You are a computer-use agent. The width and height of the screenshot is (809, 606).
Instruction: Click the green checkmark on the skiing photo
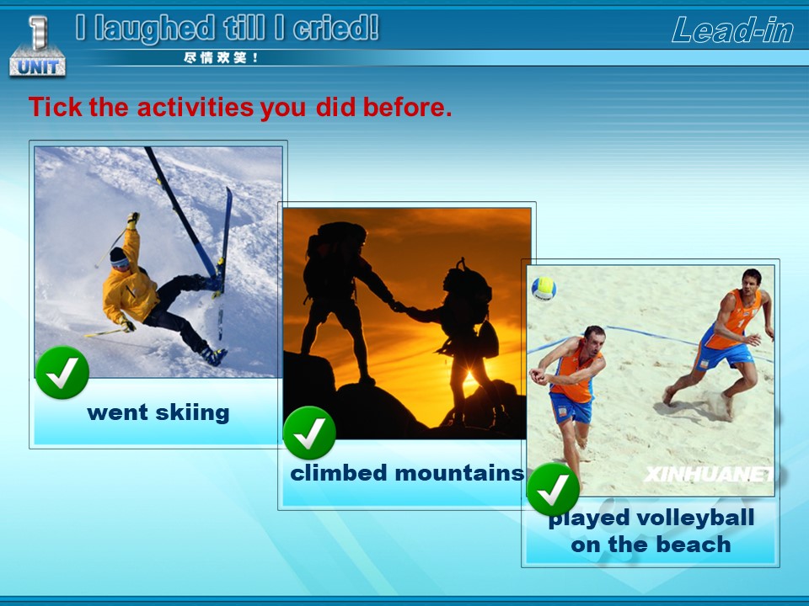tap(62, 373)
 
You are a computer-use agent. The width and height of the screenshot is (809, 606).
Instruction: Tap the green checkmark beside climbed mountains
tap(309, 433)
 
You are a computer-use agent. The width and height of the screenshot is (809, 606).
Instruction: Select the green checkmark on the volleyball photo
tap(553, 490)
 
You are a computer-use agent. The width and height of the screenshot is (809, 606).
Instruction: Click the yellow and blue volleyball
tap(544, 289)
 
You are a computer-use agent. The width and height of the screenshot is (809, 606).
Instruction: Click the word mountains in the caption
tap(459, 473)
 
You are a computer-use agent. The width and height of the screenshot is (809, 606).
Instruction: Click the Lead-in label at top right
tap(732, 29)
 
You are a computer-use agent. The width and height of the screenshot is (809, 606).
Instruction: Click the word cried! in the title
tap(336, 28)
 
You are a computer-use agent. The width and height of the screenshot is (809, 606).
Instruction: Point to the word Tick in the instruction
tap(56, 107)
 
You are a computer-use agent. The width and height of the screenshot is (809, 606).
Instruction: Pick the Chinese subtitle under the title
tap(221, 58)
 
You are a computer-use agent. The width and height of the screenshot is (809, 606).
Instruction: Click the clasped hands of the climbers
tap(399, 307)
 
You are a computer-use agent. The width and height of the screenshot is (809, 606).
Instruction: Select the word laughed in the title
tap(155, 29)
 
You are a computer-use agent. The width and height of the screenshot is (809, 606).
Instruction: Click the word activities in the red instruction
tap(195, 107)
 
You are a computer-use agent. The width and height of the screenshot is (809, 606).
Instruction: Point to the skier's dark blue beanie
tap(119, 256)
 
